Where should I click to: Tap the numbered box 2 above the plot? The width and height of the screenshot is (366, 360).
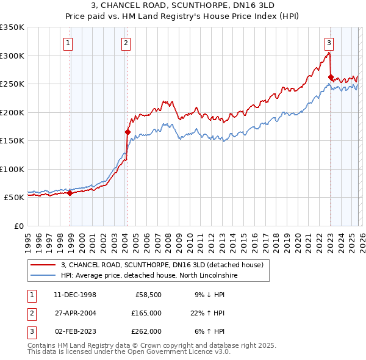pyautogui.click(x=125, y=43)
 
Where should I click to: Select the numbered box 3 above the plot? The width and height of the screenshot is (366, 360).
pyautogui.click(x=329, y=43)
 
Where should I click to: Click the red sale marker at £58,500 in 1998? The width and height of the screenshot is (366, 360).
pyautogui.click(x=70, y=193)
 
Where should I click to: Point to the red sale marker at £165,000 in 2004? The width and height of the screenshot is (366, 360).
pyautogui.click(x=127, y=132)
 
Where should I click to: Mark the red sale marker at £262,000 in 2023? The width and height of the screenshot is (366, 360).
pyautogui.click(x=331, y=77)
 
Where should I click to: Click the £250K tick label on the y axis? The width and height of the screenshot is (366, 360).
pyautogui.click(x=12, y=84)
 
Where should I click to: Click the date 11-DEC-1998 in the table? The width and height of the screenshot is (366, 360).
pyautogui.click(x=74, y=295)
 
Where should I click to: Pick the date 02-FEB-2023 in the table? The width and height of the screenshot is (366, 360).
pyautogui.click(x=74, y=331)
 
